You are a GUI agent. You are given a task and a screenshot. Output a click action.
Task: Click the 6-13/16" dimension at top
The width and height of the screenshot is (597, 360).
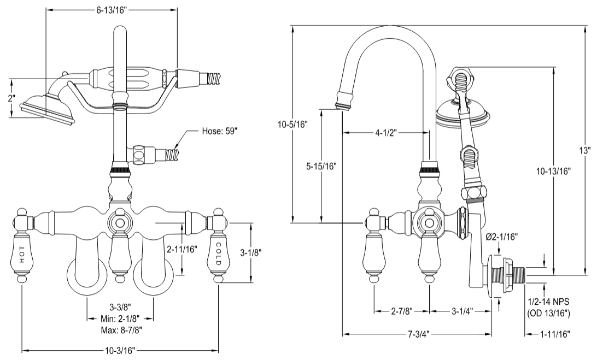112,10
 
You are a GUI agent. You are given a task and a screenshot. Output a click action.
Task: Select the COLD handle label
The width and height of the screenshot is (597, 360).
218,253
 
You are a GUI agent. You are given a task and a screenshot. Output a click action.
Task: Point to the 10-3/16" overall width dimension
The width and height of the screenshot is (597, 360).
120,351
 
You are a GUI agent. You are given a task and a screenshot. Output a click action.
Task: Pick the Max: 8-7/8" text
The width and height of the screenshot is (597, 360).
120,329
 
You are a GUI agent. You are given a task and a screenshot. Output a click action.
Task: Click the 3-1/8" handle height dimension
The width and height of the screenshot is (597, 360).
251,252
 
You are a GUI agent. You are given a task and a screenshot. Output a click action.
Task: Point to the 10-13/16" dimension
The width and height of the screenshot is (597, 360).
553,171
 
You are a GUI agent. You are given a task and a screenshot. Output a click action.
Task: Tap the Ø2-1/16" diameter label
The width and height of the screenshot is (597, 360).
501,237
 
